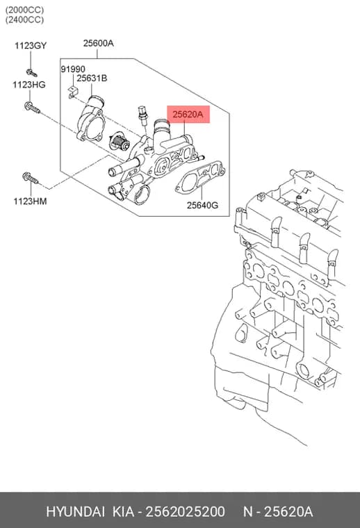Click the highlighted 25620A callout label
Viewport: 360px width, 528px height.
[188, 115]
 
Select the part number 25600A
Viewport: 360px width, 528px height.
[98, 43]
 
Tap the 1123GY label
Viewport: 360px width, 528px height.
[31, 46]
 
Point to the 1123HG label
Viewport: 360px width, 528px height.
[29, 85]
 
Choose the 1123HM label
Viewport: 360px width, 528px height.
[30, 201]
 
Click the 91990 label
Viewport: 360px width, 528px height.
[73, 69]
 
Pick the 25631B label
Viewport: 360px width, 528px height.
[92, 78]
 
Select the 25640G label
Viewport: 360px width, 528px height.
[202, 205]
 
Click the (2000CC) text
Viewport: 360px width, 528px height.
[24, 10]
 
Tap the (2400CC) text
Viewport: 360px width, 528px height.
[24, 20]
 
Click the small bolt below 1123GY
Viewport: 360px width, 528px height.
[32, 73]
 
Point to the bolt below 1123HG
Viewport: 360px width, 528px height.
[32, 108]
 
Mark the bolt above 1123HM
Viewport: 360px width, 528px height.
[31, 178]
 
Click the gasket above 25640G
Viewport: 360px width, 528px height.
[200, 178]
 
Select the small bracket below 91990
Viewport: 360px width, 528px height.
[72, 92]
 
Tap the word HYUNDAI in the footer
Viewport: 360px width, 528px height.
[76, 512]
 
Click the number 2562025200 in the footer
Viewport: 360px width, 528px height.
[185, 512]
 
